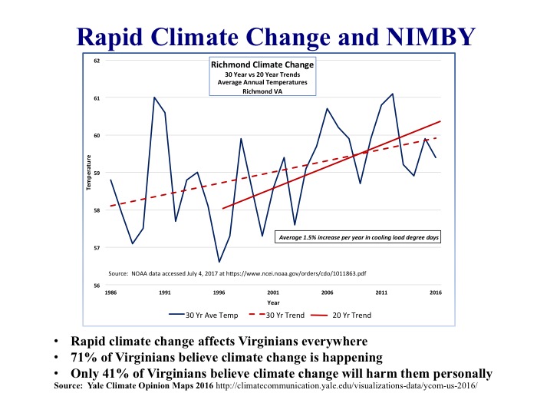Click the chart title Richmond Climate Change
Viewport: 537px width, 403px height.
(262, 65)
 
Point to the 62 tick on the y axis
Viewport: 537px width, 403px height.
(97, 61)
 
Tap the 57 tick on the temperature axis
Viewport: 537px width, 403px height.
(97, 248)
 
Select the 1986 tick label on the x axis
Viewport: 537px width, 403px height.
(111, 293)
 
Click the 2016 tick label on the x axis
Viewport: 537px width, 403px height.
(435, 293)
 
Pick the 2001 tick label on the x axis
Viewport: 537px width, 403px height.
(273, 293)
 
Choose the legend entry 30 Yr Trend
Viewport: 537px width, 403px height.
(291, 315)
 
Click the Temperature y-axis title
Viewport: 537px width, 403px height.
(90, 173)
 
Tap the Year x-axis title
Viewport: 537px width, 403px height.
(273, 302)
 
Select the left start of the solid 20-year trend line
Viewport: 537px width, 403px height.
(222, 208)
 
